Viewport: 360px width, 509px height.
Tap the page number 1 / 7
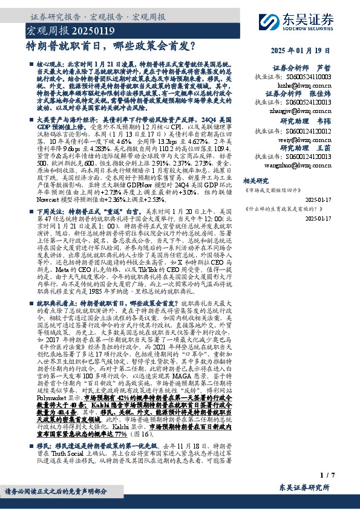tap(327, 476)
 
